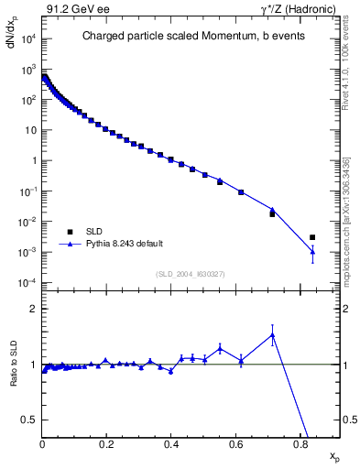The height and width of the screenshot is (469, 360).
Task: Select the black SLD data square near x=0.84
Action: coord(312,237)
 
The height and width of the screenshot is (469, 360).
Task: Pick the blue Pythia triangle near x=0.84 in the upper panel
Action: coord(312,252)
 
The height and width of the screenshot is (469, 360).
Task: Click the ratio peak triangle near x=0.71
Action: coord(272,335)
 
